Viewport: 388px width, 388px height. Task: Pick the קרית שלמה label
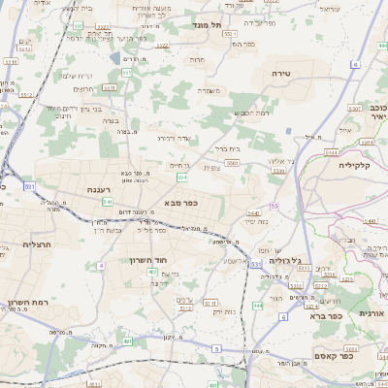click(77, 76)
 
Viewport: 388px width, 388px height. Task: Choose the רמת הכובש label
click(250, 113)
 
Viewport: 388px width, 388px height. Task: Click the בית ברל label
click(226, 148)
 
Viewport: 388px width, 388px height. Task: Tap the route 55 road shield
click(275, 206)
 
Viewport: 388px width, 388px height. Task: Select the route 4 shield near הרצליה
click(100, 264)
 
